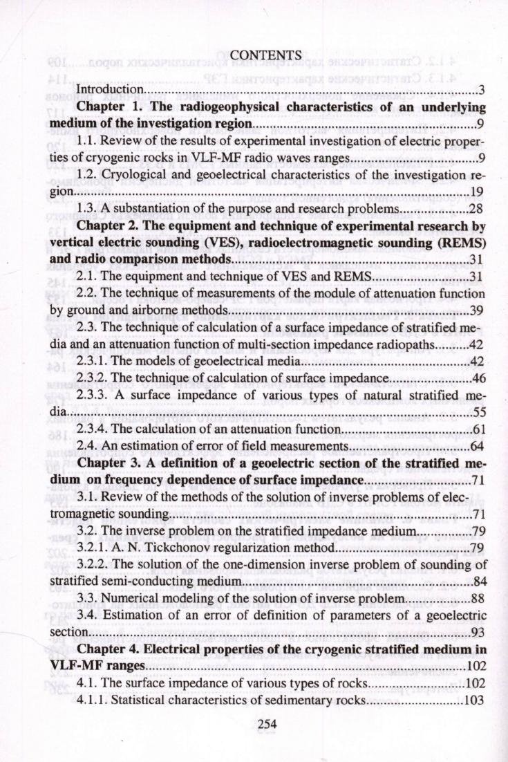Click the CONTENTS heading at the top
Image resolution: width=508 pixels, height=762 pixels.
point(266,55)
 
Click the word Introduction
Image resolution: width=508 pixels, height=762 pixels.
point(109,91)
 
